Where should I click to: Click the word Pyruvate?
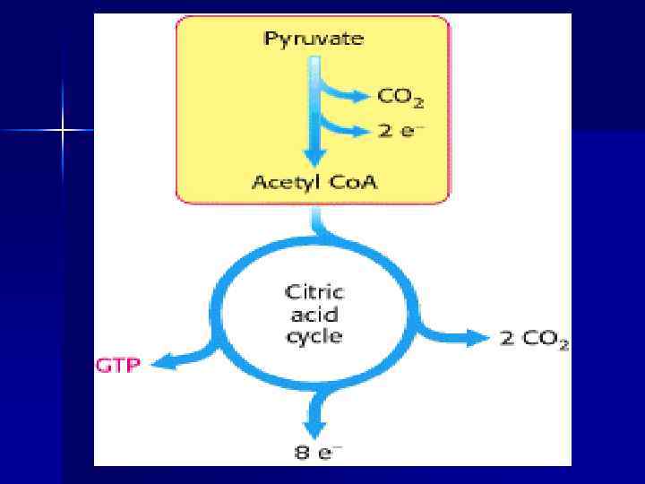[x=313, y=39]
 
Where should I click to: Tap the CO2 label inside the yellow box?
[x=400, y=97]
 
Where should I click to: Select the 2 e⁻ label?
[x=399, y=131]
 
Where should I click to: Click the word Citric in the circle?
[x=314, y=292]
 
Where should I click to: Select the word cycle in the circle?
[x=314, y=336]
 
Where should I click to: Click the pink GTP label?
[x=118, y=366]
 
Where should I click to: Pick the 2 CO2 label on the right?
[x=532, y=340]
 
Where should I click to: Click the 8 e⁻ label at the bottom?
[x=314, y=452]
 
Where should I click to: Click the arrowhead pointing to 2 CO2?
[x=476, y=338]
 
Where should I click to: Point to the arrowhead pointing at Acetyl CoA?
[x=314, y=156]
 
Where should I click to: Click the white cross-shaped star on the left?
[x=63, y=131]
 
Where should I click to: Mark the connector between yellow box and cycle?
[x=315, y=221]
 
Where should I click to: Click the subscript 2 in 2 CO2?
[x=563, y=346]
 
